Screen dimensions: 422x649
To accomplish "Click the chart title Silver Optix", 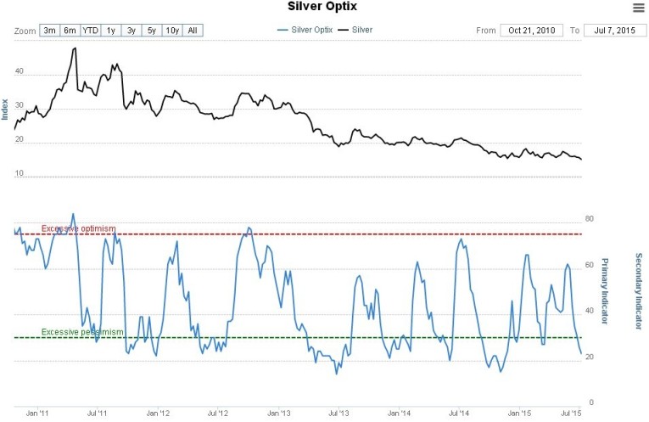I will click(x=322, y=7).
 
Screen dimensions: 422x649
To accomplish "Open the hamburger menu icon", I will click(x=638, y=8).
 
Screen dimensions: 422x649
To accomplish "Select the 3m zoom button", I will click(x=50, y=31).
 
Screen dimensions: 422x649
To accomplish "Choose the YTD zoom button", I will click(x=90, y=31).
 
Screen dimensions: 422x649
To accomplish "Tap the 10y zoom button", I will click(x=172, y=31).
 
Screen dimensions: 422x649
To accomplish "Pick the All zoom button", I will click(x=193, y=31).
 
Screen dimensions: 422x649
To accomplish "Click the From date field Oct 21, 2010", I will click(x=531, y=31).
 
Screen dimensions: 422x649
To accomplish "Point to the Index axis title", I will click(x=6, y=109).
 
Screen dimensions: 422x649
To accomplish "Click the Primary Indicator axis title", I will click(x=604, y=291).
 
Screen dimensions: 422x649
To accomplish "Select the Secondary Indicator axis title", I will click(x=638, y=291).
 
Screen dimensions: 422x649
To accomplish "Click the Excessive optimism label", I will click(x=78, y=228).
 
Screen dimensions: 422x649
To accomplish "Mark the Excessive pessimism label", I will click(x=82, y=332).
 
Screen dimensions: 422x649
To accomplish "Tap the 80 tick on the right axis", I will click(x=590, y=220).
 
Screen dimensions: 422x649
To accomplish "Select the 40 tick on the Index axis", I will click(x=19, y=73).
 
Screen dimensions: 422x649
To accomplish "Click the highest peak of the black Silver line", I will click(x=75, y=48).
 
